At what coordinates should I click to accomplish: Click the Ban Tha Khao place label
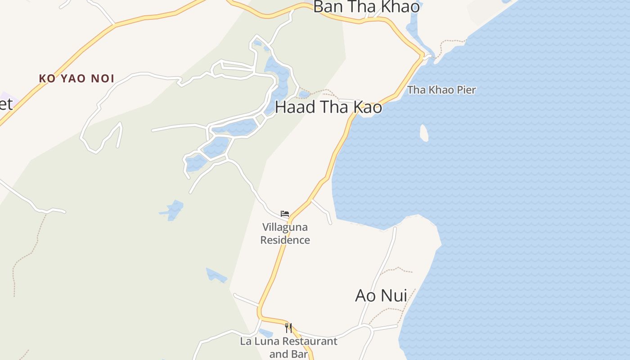[366, 7]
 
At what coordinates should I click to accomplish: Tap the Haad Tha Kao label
[328, 107]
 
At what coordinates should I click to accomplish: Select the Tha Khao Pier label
[441, 90]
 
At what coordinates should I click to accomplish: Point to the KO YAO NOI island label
[76, 78]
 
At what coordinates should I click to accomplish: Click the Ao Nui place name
[381, 296]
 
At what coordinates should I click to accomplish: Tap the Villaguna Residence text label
[285, 233]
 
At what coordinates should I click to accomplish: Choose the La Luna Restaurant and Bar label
[288, 347]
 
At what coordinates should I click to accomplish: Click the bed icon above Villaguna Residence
[285, 213]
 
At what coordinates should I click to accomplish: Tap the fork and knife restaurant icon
[288, 328]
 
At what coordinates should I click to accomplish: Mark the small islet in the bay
[424, 133]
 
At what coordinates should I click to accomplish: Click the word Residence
[285, 240]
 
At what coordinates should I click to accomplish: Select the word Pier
[466, 90]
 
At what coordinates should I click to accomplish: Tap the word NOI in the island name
[103, 78]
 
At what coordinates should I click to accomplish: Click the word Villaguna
[285, 227]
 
